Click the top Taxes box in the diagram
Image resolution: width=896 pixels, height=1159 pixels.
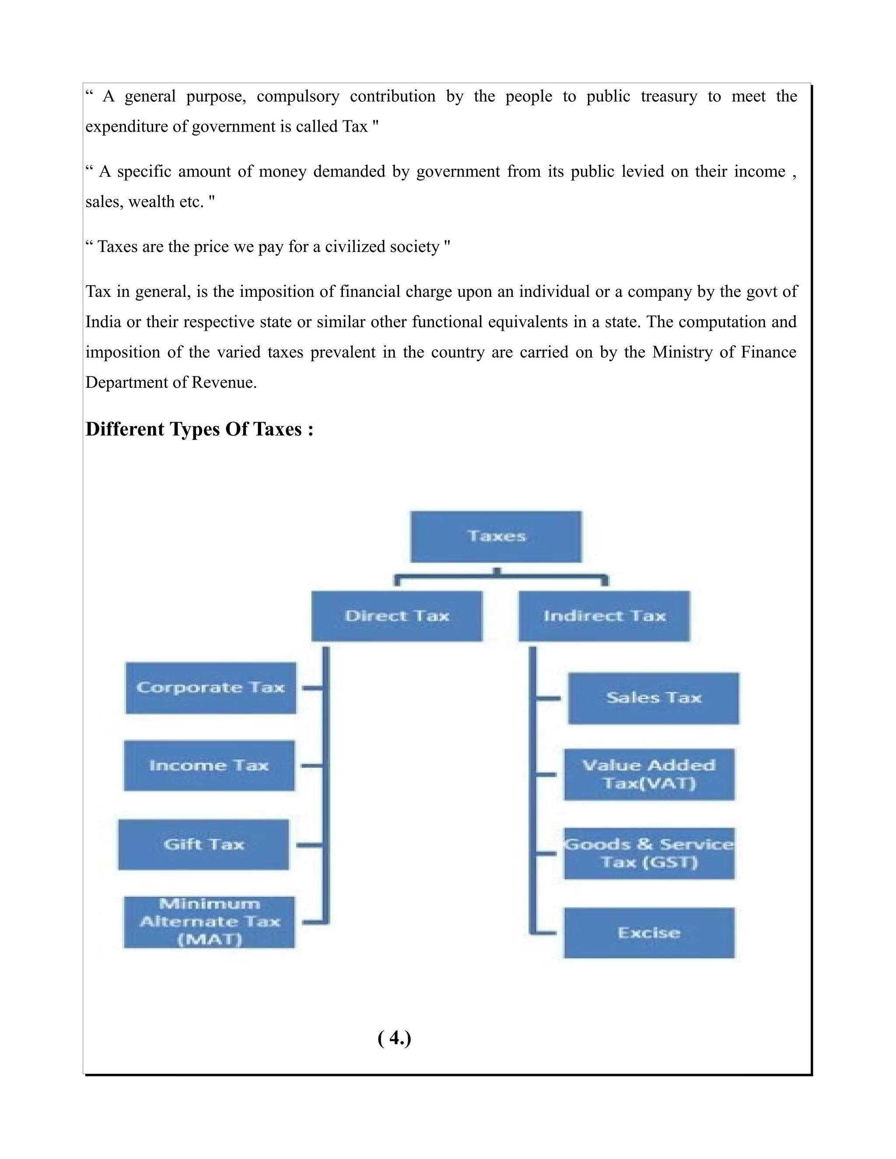pos(496,536)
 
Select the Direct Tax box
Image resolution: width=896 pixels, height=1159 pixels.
pos(396,616)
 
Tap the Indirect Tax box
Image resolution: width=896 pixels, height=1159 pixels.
pos(604,616)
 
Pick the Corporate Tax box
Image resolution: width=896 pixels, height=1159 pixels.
pos(211,688)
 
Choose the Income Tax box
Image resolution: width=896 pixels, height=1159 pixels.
pos(209,765)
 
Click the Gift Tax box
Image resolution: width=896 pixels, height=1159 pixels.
pos(203,844)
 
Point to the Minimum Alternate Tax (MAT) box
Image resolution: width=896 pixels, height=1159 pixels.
pos(209,922)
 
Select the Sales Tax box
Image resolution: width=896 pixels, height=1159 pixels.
pos(654,698)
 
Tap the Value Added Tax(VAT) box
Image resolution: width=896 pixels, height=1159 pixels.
pos(649,774)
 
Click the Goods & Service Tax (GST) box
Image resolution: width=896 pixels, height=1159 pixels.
pos(649,853)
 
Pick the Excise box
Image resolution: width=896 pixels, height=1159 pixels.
pos(649,933)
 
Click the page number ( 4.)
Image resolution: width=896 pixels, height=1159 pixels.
pos(394,1037)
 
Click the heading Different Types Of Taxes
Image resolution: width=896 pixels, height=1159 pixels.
pos(199,429)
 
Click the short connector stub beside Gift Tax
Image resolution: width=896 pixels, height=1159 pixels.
pos(308,844)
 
